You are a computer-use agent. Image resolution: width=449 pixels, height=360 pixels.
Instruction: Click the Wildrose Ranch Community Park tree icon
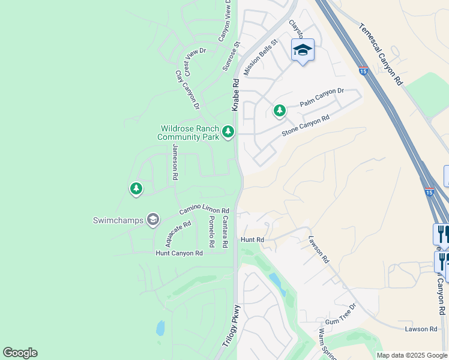(x=228, y=131)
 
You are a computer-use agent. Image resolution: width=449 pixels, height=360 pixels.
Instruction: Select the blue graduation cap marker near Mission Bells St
(x=303, y=51)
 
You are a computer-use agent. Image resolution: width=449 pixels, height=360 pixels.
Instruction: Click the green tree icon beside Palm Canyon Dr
(x=280, y=110)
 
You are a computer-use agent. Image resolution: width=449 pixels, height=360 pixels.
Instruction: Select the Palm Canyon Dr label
(x=322, y=97)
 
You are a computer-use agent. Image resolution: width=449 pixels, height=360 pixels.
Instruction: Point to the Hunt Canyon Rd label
(x=179, y=253)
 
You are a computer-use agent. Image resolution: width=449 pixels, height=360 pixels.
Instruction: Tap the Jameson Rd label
(x=175, y=163)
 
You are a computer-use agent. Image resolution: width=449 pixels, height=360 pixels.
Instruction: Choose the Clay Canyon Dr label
(x=187, y=90)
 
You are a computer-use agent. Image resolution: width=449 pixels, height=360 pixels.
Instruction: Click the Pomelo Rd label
(x=211, y=232)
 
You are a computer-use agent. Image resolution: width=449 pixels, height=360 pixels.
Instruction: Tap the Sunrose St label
(x=231, y=56)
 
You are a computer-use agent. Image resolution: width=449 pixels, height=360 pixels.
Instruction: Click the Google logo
(x=20, y=353)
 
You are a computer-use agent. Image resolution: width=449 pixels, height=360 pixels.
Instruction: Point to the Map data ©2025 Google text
(x=412, y=355)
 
